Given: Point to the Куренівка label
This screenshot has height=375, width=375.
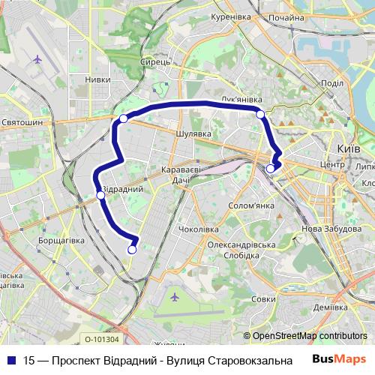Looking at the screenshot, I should coord(229,16).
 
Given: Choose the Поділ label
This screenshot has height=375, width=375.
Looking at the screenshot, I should coord(331,83).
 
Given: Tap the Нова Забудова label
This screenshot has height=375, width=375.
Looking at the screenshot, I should coord(326,229).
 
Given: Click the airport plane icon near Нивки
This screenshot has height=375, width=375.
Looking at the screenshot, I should coord(37,58).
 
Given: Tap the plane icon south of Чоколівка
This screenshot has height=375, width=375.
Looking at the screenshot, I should coord(175,297).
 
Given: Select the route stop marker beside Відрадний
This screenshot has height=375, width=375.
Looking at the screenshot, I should coord(100,196).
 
